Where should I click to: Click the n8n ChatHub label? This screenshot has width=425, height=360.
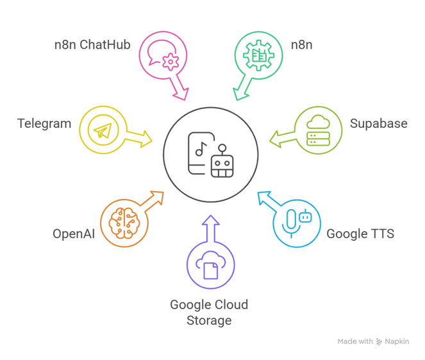(92, 45)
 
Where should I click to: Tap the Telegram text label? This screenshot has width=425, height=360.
(44, 124)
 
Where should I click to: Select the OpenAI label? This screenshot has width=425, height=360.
(74, 234)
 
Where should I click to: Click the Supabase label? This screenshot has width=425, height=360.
(379, 124)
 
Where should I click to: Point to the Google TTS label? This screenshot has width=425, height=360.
(360, 234)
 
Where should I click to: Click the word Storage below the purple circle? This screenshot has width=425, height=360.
(209, 321)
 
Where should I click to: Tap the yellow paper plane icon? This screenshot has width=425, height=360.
(103, 130)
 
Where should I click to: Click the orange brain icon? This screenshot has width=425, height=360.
(124, 223)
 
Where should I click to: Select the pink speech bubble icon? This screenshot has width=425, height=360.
(163, 55)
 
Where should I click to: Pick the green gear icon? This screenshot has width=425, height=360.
(258, 55)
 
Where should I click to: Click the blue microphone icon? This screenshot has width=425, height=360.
(292, 223)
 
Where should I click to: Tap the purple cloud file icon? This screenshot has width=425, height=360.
(211, 265)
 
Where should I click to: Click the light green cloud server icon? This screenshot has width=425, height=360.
(318, 130)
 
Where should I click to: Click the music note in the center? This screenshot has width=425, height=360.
(201, 150)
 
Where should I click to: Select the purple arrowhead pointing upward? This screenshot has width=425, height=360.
(211, 220)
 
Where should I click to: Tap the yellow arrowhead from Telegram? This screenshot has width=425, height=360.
(146, 139)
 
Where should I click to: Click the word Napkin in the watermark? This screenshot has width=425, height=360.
(397, 341)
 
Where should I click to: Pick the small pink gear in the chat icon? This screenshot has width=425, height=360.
(171, 62)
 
